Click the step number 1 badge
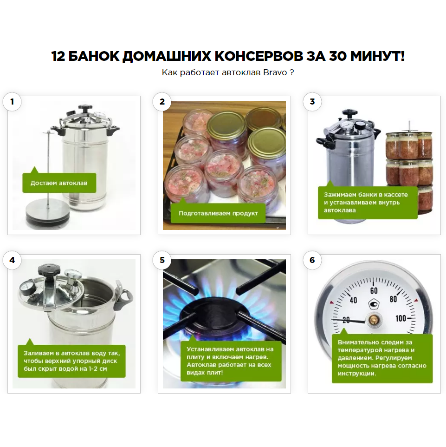point(12,101)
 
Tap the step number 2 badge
point(162,101)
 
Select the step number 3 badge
point(312,101)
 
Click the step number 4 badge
point(12,260)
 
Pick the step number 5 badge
point(162,260)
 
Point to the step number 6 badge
point(312,260)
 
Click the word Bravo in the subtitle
point(275,72)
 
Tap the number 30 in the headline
point(338,56)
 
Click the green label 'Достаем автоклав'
point(59,183)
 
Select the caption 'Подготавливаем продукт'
point(218,213)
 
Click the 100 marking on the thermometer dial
point(401,318)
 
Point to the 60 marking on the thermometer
point(374,291)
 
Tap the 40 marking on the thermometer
point(353,300)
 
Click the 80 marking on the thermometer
point(393,299)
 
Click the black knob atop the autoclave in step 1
point(85,108)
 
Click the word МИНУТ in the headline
point(377,56)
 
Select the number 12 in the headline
point(58,56)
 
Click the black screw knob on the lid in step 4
point(46,269)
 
